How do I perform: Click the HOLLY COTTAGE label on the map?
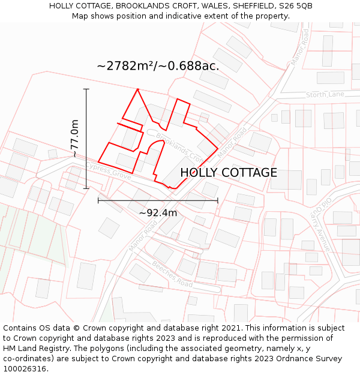click(x=229, y=173)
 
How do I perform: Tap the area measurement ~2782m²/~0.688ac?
click(x=158, y=66)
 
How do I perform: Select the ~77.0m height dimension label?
click(x=74, y=139)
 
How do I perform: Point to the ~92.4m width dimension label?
click(x=158, y=212)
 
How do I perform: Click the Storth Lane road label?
click(x=325, y=95)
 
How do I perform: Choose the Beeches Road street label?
click(x=172, y=274)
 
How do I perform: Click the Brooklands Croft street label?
click(x=178, y=146)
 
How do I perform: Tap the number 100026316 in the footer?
click(x=26, y=369)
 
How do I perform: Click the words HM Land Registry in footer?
click(x=36, y=349)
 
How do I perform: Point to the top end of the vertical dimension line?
click(x=86, y=89)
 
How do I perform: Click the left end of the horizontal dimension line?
click(x=98, y=200)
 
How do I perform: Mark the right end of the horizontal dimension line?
click(x=217, y=200)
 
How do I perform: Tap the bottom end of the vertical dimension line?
click(x=86, y=188)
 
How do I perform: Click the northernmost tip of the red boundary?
click(x=138, y=89)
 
